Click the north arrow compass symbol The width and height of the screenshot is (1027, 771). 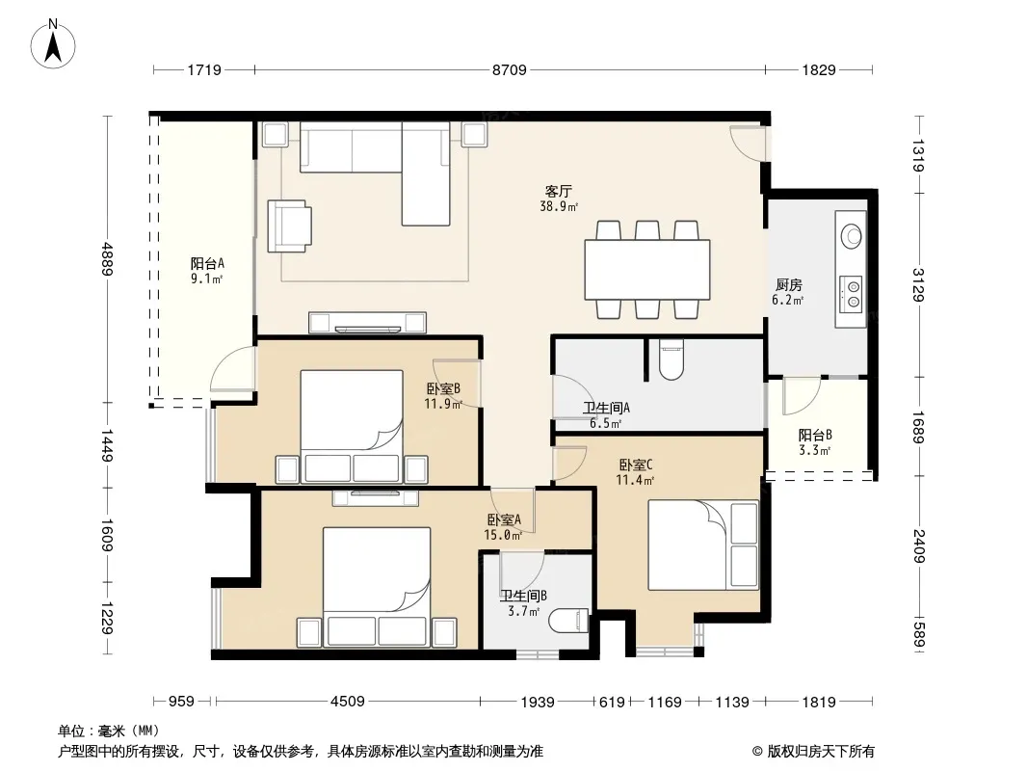click(53, 44)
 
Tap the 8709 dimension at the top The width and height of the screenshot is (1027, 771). click(509, 69)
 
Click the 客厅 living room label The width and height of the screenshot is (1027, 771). click(558, 191)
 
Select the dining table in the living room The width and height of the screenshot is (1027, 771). click(647, 269)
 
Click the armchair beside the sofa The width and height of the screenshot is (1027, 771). click(289, 226)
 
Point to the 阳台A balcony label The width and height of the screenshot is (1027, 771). click(207, 263)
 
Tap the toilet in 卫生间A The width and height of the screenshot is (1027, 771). click(671, 359)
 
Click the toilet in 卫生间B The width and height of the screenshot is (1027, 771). click(568, 621)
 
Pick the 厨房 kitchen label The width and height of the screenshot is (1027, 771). click(789, 285)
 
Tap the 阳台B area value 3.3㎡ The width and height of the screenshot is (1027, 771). click(814, 451)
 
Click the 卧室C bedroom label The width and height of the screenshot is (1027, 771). click(635, 465)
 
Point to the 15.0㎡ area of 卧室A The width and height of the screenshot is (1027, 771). click(503, 535)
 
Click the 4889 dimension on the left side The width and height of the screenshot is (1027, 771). click(108, 259)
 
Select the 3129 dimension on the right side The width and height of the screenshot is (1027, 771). click(918, 285)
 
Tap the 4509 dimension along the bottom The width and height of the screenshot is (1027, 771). click(347, 702)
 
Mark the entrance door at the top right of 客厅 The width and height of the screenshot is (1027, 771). click(748, 141)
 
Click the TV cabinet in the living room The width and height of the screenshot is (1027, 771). click(367, 322)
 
